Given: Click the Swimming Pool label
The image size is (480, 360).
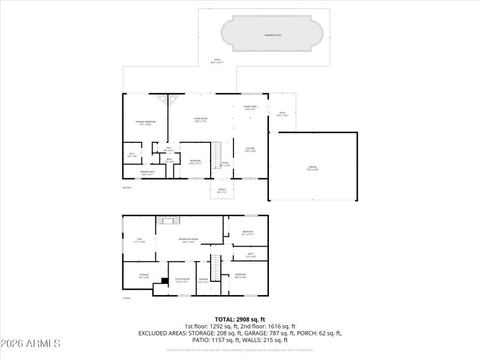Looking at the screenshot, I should (273, 35).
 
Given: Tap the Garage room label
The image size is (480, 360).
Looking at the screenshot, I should (313, 168).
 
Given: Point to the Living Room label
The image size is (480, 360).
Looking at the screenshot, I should (200, 119).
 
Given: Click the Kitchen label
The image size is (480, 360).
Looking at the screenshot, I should (250, 149).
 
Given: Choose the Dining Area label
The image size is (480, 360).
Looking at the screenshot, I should (250, 107).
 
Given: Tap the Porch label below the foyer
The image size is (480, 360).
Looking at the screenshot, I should (221, 191).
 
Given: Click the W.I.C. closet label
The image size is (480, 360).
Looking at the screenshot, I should (133, 155).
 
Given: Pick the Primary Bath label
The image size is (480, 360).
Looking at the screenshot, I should (148, 173).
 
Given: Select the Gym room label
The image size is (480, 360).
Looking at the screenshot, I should (139, 240).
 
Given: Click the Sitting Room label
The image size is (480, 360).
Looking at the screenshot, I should (182, 280).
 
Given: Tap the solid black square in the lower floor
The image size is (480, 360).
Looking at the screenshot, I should (164, 280).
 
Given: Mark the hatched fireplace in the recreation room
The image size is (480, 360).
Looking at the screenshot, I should (166, 220).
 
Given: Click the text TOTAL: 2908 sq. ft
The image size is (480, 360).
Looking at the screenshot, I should (240, 319).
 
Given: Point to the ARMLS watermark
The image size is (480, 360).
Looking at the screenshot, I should (31, 344).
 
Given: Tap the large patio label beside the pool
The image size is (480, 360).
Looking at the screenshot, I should (218, 61).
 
